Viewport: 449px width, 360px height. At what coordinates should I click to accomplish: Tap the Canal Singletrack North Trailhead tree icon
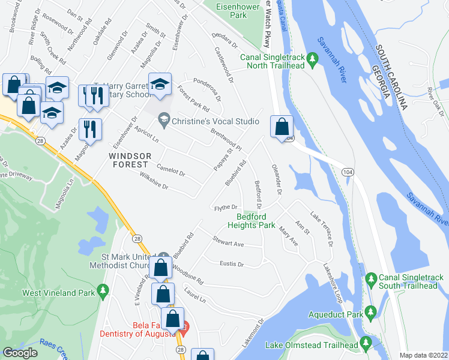(x=312, y=58)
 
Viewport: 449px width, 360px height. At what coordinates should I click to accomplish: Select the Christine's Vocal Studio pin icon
(x=163, y=121)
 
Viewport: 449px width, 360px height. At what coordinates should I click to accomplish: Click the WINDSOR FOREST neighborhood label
(x=128, y=160)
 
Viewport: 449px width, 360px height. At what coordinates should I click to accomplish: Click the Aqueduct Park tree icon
(x=370, y=312)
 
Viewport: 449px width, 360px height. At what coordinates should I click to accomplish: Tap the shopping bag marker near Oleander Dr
(x=282, y=127)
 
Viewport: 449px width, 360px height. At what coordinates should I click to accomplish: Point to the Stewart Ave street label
(x=228, y=242)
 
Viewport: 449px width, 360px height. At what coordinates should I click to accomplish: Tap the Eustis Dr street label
(x=232, y=263)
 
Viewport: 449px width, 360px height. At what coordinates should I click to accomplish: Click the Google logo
(x=20, y=353)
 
